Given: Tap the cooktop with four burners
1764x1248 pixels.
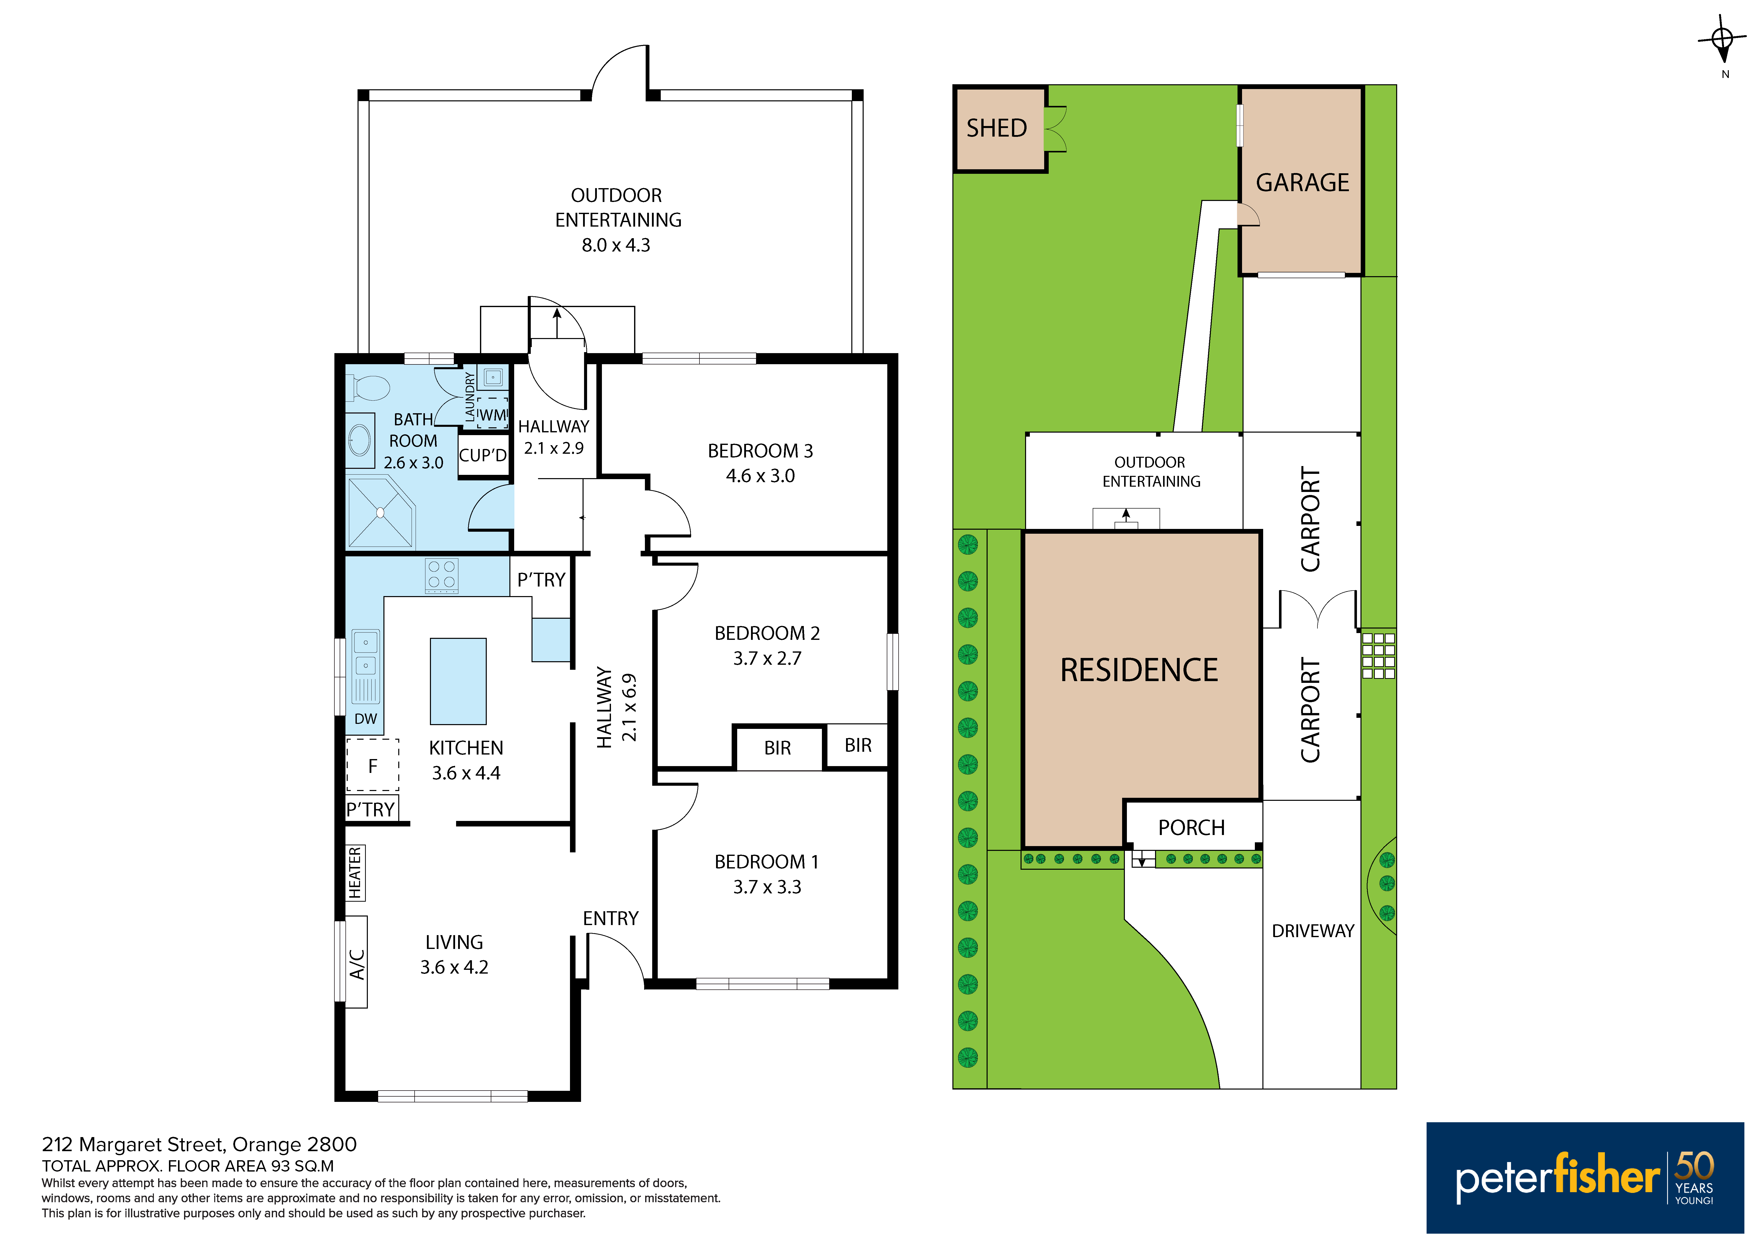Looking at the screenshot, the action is click(442, 576).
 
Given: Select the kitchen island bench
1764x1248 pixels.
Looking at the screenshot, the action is click(458, 681).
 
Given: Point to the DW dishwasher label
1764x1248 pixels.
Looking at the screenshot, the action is click(366, 719).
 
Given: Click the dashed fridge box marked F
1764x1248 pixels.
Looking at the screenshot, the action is click(373, 765).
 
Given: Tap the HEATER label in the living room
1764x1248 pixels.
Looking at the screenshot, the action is click(355, 872).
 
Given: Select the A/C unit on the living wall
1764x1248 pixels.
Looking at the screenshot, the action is click(357, 962).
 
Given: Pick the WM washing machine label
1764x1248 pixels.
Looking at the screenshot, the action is click(493, 415).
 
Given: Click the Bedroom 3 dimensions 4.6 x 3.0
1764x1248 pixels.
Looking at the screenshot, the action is click(761, 476).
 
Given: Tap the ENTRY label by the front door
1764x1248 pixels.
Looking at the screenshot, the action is click(611, 918).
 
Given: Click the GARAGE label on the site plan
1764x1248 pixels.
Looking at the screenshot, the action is click(1302, 182).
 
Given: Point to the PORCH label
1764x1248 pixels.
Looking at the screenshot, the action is click(1192, 828).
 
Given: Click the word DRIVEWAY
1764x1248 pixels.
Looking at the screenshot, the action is click(1313, 931).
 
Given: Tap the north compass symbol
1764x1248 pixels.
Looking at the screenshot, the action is click(1723, 40).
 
